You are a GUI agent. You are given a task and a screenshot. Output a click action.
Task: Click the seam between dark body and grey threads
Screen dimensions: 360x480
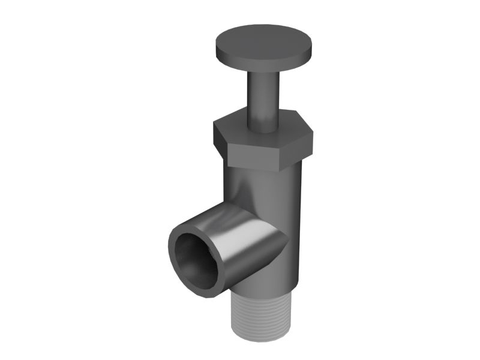pyautogui.click(x=264, y=292)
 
